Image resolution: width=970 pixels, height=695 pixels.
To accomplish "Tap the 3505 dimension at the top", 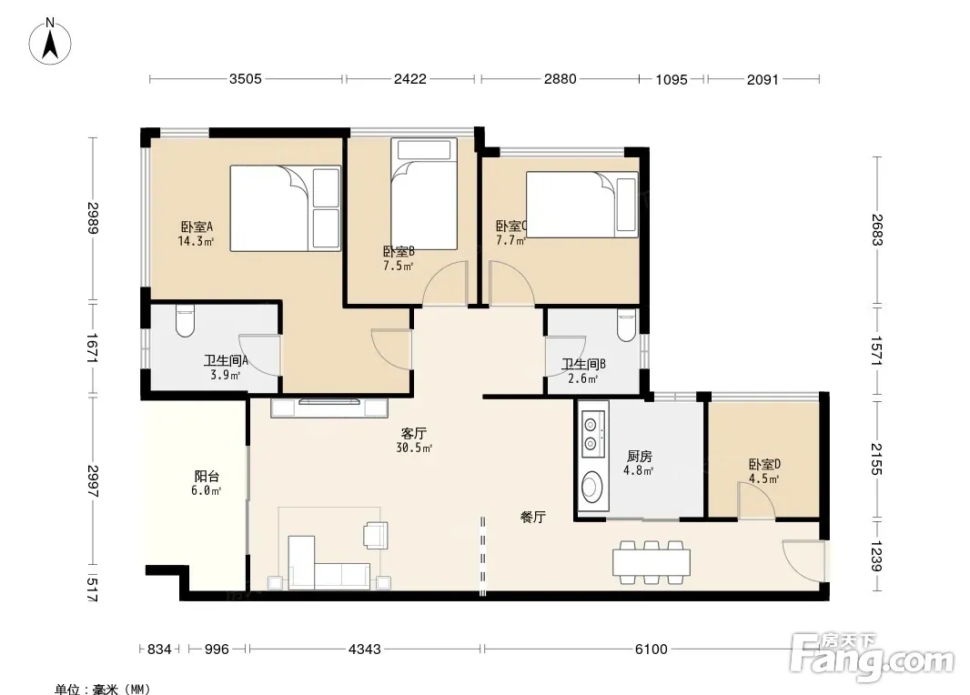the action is pos(246,79).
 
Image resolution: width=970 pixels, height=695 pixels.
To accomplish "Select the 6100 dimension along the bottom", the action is pos(651,650).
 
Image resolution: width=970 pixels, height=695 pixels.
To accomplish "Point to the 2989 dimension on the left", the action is pos(93,218).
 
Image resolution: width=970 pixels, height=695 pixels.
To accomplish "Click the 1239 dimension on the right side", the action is pos(876,557).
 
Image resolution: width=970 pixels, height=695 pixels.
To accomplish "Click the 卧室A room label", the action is pos(197,227).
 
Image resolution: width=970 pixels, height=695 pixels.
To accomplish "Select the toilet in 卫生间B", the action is pos(627,326).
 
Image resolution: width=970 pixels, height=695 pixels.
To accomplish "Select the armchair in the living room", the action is pos(376,536).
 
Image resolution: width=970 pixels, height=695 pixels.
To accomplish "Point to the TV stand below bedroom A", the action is pos(329,408).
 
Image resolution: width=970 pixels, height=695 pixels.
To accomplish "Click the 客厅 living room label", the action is pos(413,434).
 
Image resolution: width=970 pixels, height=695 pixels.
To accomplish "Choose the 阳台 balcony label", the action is pos(207,477).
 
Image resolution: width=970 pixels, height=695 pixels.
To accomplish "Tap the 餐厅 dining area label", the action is pos(532,517).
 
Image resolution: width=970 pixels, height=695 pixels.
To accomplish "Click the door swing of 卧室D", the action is pos(756,500).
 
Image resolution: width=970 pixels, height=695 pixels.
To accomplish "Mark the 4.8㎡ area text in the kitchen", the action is pos(639,470).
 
